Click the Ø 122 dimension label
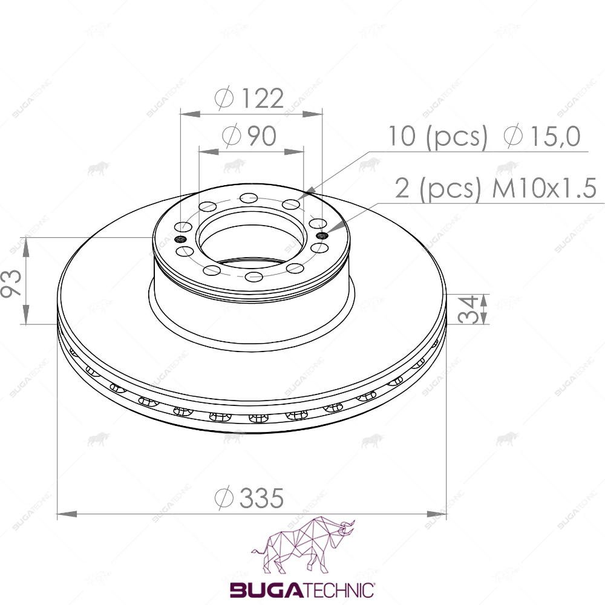[249, 98]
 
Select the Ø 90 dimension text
[249, 136]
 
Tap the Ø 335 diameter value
[249, 498]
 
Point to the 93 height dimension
[11, 283]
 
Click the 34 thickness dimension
[468, 309]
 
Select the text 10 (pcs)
[437, 137]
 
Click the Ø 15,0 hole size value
[542, 136]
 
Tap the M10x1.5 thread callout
[544, 189]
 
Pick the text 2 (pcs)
[438, 189]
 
